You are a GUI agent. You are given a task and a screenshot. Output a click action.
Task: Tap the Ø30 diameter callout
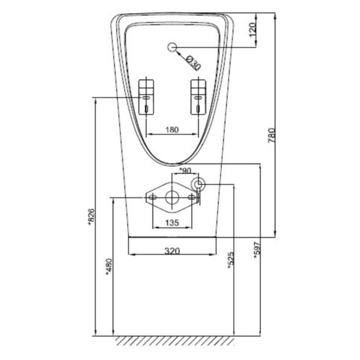(x=192, y=64)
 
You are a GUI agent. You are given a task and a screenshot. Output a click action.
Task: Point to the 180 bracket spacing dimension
(x=172, y=130)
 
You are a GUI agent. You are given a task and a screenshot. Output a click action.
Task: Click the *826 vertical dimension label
(x=91, y=216)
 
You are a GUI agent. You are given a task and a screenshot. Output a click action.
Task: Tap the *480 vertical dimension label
(x=109, y=266)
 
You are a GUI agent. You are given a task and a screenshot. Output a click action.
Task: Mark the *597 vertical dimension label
(x=257, y=249)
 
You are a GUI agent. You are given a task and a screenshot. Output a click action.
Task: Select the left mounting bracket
(x=147, y=96)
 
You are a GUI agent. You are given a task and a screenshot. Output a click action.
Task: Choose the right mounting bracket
(x=197, y=96)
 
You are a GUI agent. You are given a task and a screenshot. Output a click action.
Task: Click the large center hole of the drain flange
(x=172, y=197)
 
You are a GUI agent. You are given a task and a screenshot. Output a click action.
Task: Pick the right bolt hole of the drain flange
(x=191, y=197)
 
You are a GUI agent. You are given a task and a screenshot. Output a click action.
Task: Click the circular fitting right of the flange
(x=199, y=184)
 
